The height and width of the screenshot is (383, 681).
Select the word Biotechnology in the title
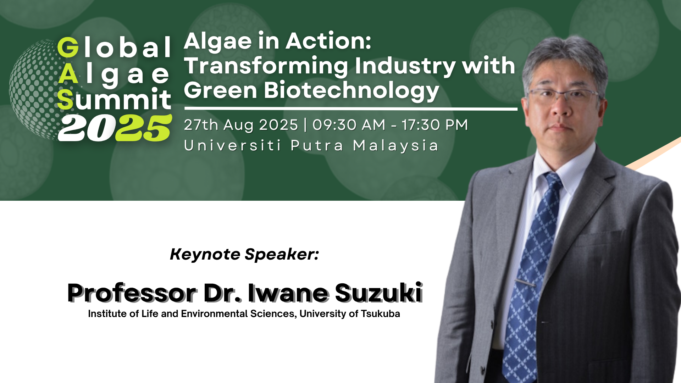click(x=351, y=90)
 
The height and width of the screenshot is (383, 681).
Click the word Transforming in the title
click(x=266, y=66)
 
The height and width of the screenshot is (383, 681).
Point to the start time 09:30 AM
click(x=349, y=125)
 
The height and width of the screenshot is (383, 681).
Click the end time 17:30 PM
click(x=435, y=125)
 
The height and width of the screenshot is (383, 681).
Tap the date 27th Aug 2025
click(x=241, y=125)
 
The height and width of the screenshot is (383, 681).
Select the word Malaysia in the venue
click(x=396, y=146)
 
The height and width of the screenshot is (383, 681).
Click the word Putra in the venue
click(x=317, y=146)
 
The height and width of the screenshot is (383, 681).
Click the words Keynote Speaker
click(x=244, y=254)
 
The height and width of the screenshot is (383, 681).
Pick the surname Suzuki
click(x=378, y=293)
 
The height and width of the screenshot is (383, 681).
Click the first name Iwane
click(x=288, y=293)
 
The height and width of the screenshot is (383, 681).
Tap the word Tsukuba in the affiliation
click(x=380, y=314)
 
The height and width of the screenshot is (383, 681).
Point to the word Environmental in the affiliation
click(x=214, y=314)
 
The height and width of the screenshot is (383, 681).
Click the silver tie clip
click(x=525, y=283)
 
